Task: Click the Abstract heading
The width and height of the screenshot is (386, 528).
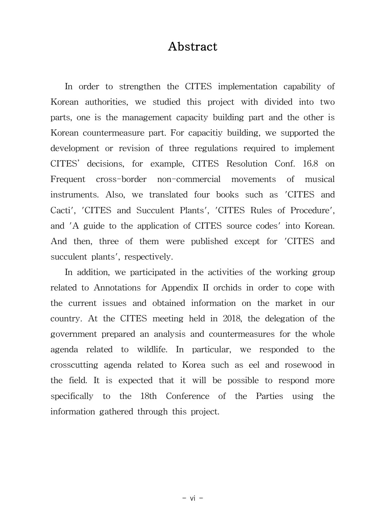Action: tap(193, 47)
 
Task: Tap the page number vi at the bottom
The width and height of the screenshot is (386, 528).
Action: tap(193, 498)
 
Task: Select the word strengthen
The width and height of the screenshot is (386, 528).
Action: tap(140, 87)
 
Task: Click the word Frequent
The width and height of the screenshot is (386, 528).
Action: tap(68, 179)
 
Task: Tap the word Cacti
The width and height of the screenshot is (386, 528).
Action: tap(61, 210)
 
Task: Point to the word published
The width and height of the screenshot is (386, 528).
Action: tap(209, 242)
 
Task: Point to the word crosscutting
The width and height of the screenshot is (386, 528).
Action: tap(74, 365)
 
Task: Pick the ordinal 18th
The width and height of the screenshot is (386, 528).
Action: tap(148, 396)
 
